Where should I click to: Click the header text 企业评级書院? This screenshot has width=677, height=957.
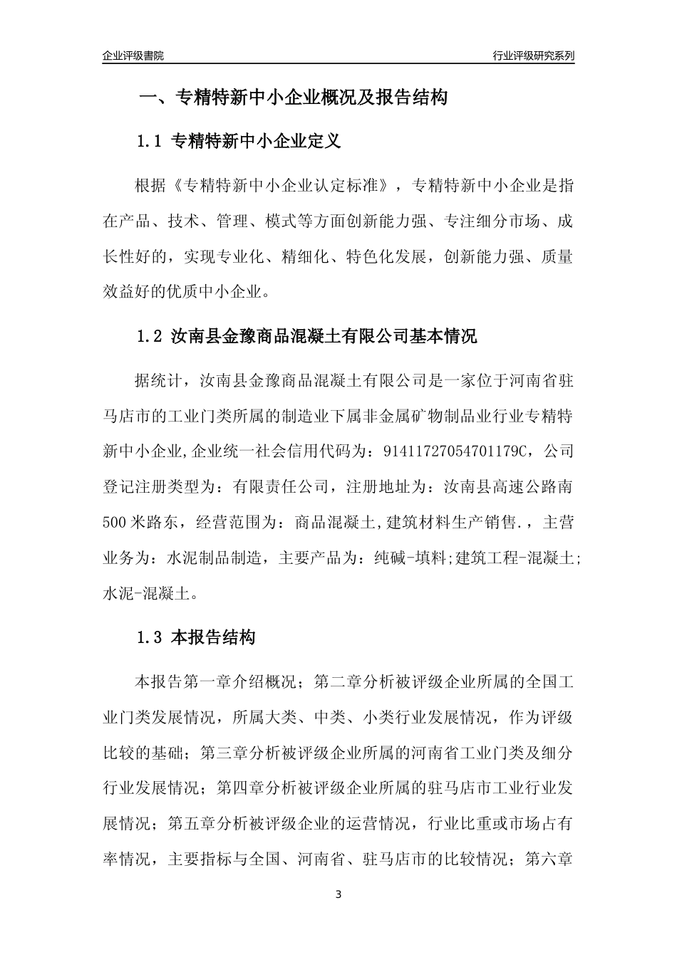point(133,56)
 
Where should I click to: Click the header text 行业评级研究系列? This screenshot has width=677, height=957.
point(533,56)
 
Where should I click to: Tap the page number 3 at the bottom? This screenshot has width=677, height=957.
point(338,894)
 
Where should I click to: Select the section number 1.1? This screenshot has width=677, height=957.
point(150,141)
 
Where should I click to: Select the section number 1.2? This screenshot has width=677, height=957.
point(150,336)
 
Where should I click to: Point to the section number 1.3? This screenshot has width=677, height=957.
point(150,638)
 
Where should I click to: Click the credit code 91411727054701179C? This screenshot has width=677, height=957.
point(456,451)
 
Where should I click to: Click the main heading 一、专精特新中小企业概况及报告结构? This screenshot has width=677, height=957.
point(292,98)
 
